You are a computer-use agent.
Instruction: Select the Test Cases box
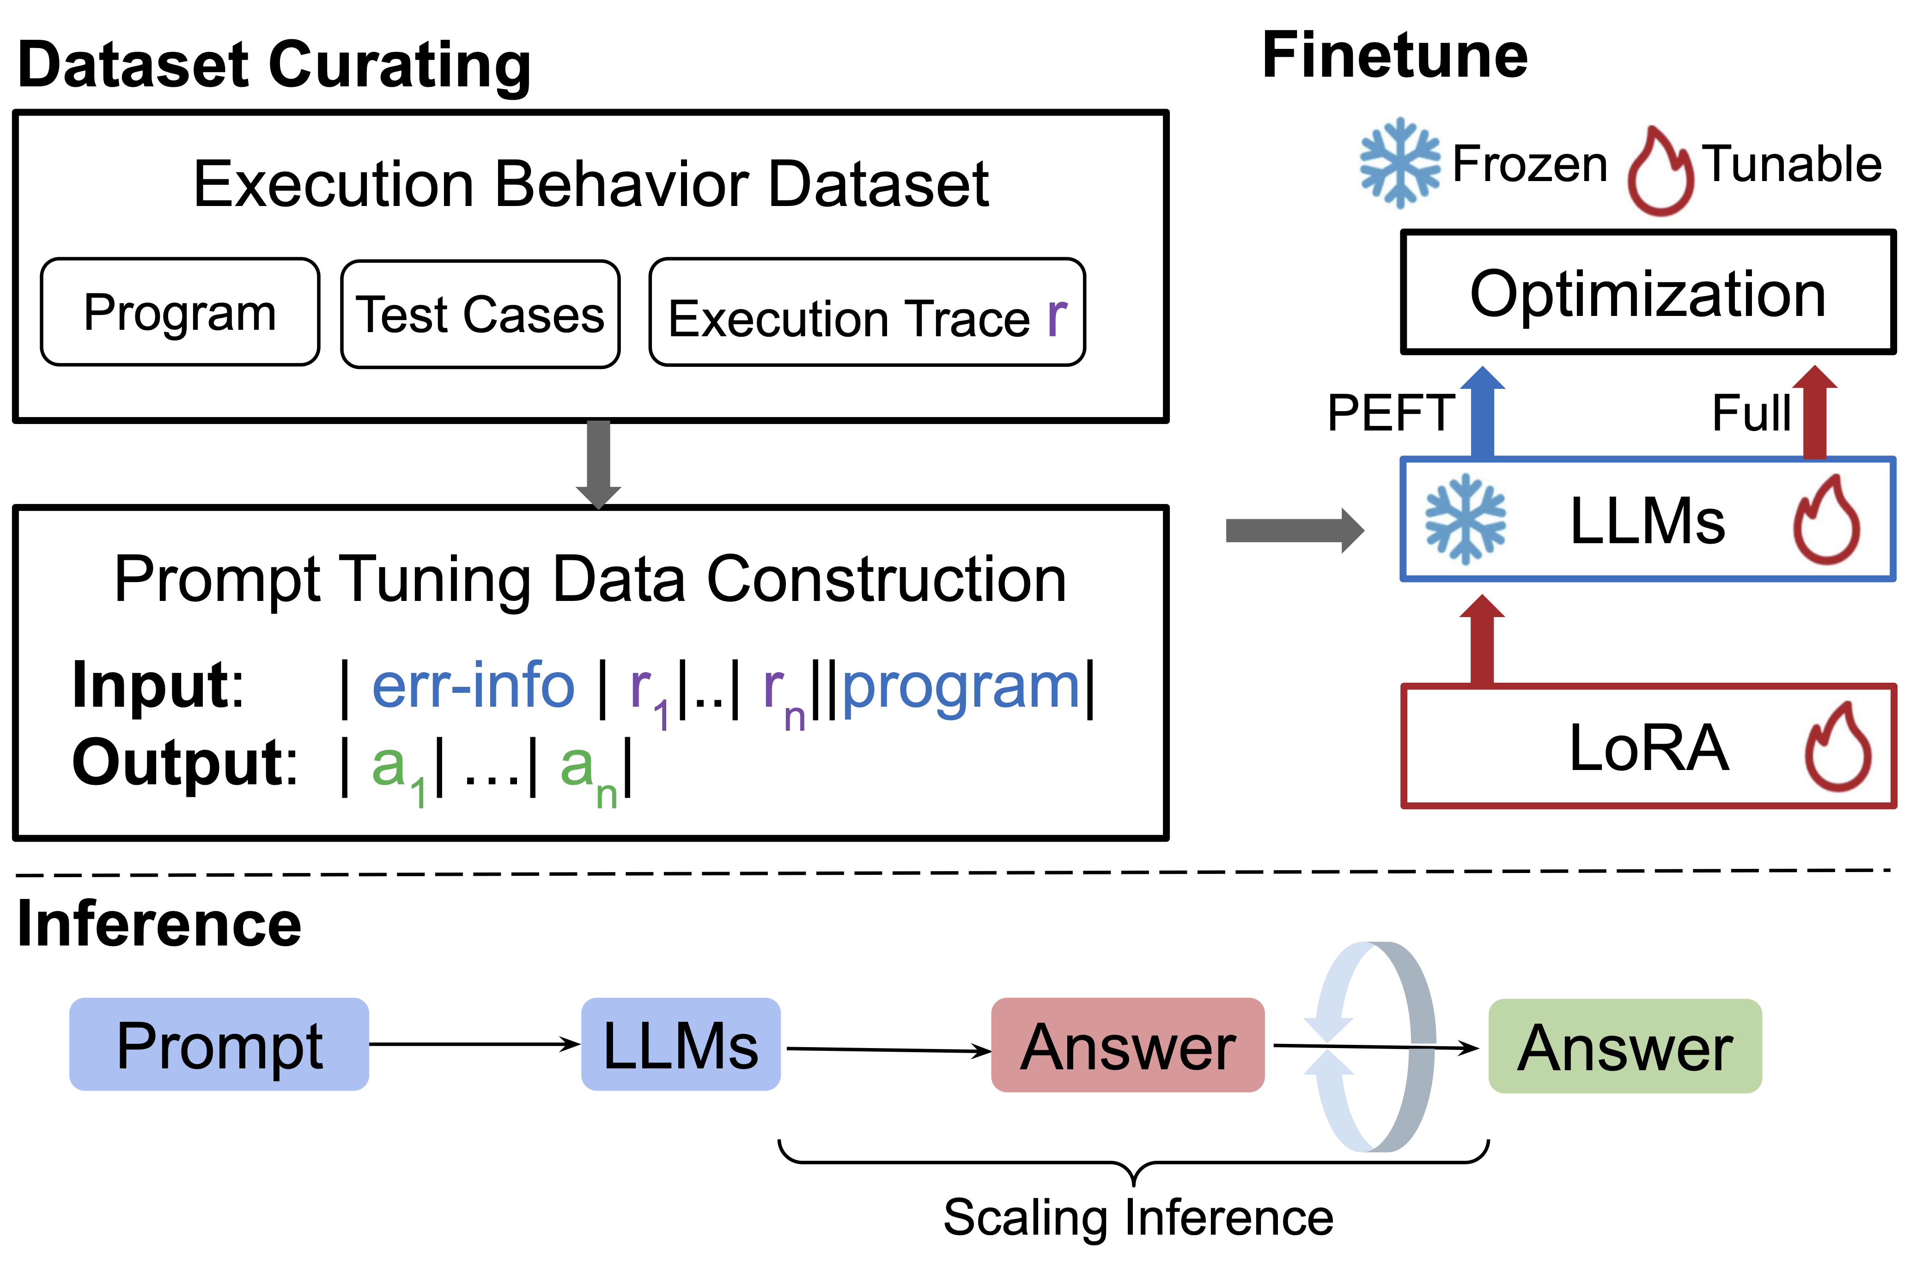pos(480,314)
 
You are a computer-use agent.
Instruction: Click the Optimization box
pos(1648,293)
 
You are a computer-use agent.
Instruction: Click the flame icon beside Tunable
pos(1660,172)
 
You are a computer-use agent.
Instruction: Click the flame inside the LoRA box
pos(1838,747)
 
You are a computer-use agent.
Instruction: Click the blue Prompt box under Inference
pos(219,1045)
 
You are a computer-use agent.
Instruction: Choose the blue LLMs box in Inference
pos(681,1045)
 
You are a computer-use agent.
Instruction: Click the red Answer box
pos(1127,1045)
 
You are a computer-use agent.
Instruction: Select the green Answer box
pos(1625,1046)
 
